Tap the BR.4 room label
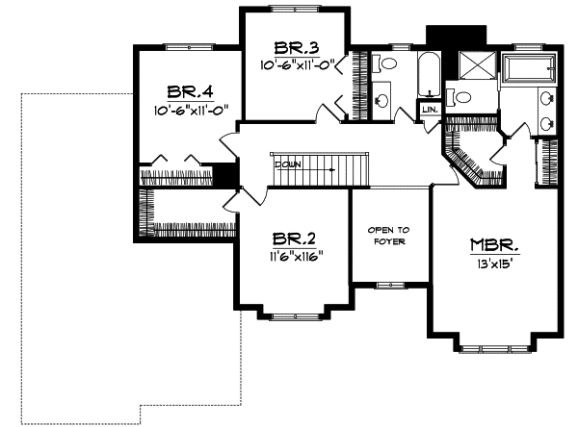click(189, 92)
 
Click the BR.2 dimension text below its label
click(294, 257)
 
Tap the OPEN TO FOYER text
click(390, 236)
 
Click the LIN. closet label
click(430, 111)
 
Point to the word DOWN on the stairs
click(288, 164)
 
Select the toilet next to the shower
click(459, 96)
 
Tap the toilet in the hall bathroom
click(383, 64)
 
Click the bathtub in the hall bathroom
click(430, 73)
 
